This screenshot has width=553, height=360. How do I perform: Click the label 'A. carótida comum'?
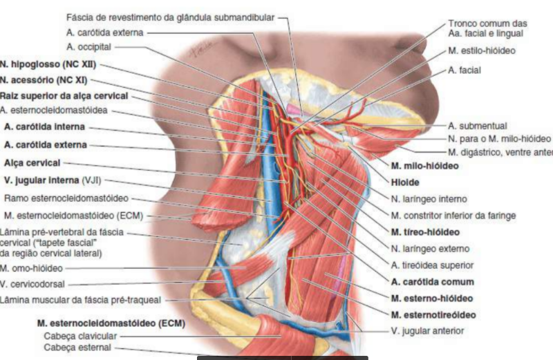coord(432,282)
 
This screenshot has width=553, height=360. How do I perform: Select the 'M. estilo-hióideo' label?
coord(481,50)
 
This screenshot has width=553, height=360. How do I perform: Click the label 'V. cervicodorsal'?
coord(32,283)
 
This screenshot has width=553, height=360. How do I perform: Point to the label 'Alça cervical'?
coord(32,163)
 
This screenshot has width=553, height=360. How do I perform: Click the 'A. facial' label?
coord(464,70)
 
